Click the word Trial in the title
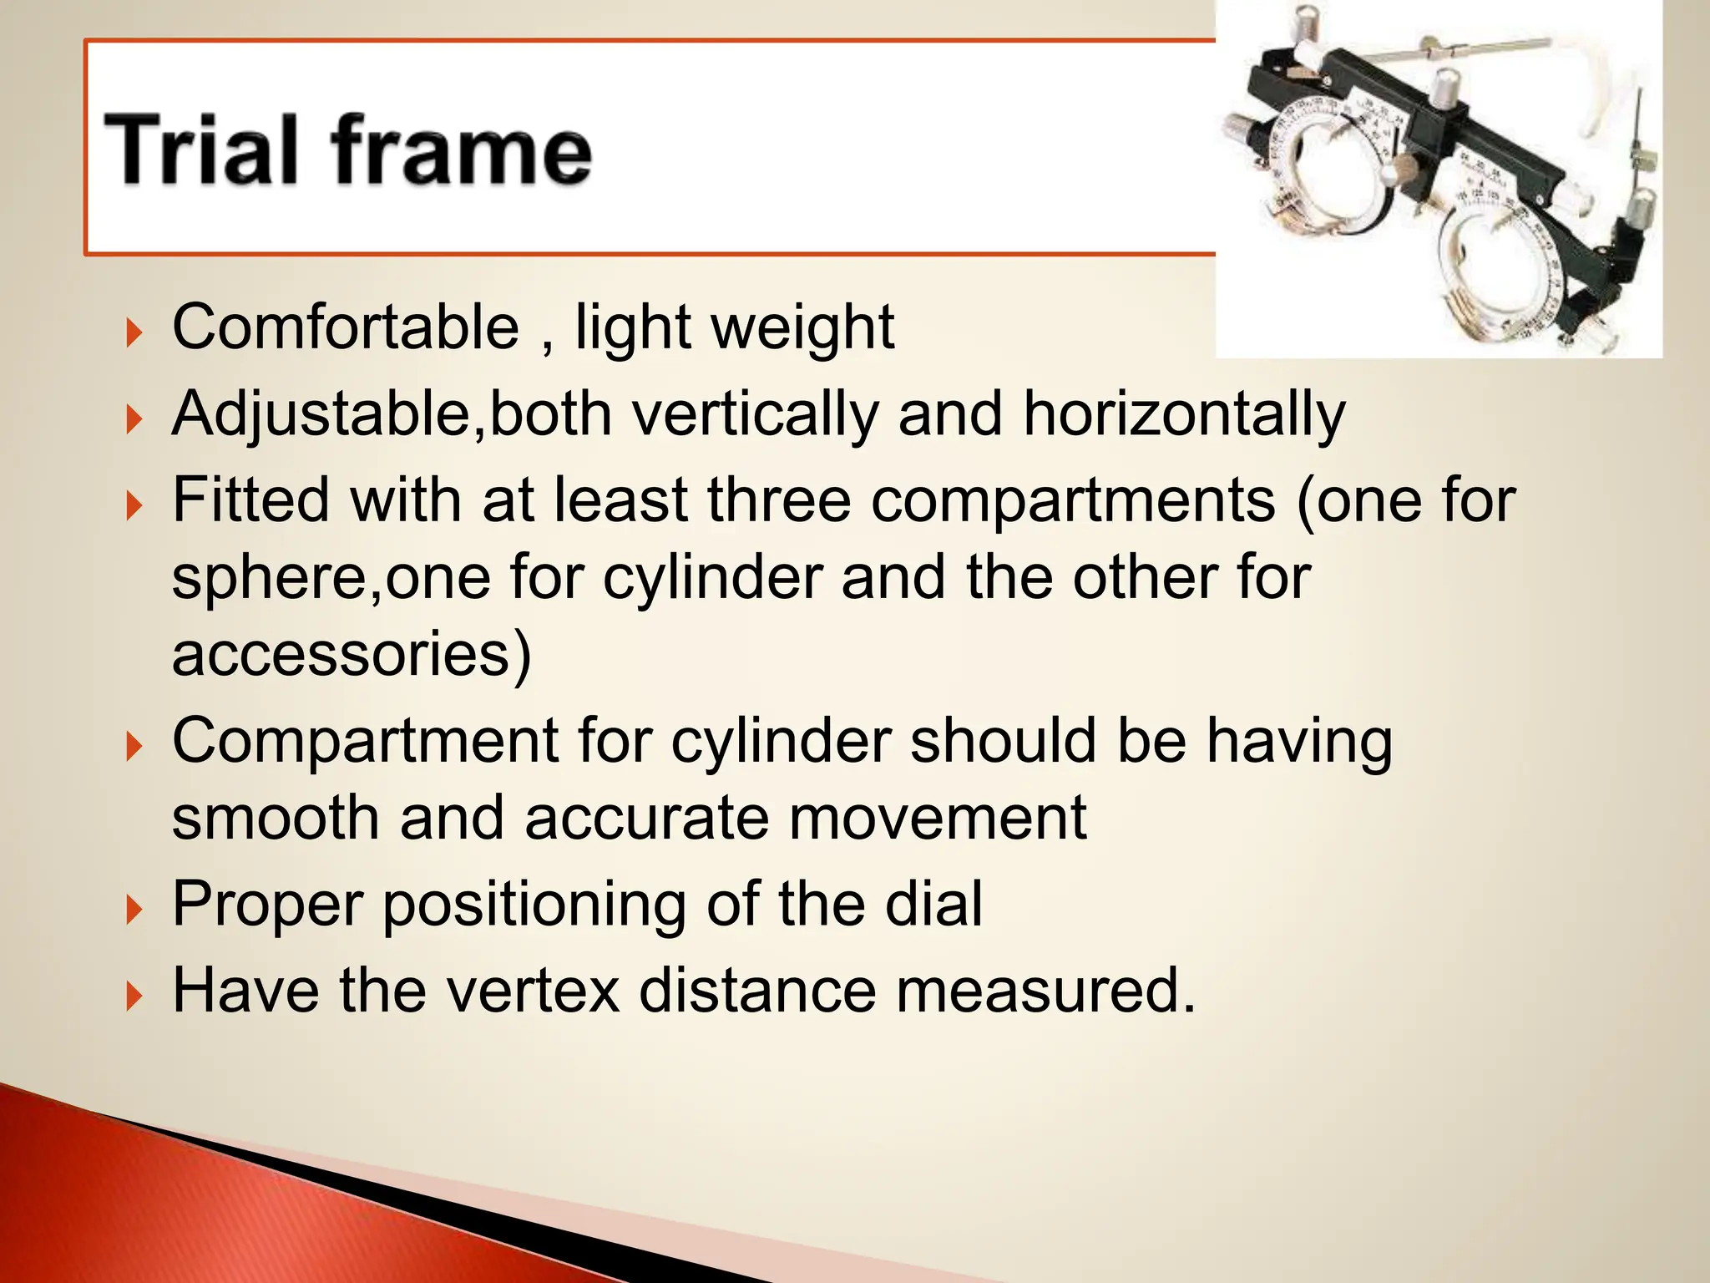(200, 150)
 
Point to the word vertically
(755, 413)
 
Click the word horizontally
(1184, 413)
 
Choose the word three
(779, 500)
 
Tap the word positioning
(534, 905)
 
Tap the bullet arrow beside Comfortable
(134, 332)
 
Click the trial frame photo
(1438, 180)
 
